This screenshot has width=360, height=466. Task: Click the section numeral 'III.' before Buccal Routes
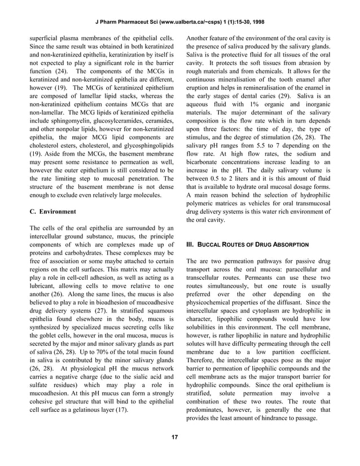point(190,244)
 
